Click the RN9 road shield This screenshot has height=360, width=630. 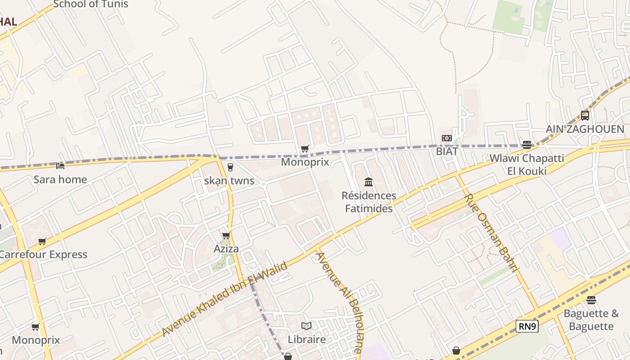coord(527,326)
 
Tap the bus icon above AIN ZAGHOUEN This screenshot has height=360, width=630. coord(585,115)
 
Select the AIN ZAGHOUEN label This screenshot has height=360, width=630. coord(585,129)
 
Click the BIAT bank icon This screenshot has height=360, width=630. coord(446,138)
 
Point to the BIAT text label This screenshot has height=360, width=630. coord(446,151)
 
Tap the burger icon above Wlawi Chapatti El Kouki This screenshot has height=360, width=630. coord(526,144)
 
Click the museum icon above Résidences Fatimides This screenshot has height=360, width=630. coord(369,182)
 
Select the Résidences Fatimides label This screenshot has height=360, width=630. coord(369,202)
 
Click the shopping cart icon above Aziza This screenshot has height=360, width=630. coord(226,235)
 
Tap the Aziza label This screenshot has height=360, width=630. coord(226,249)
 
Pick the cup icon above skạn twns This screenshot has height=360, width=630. coord(230,167)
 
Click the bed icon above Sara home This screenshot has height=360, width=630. coord(60,166)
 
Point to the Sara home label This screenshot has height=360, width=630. coord(60,180)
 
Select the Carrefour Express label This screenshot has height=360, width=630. coord(43,254)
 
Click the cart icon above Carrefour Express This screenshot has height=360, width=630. coord(42,241)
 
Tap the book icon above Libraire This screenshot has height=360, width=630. coord(306,326)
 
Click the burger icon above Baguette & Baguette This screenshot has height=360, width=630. coord(591,300)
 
